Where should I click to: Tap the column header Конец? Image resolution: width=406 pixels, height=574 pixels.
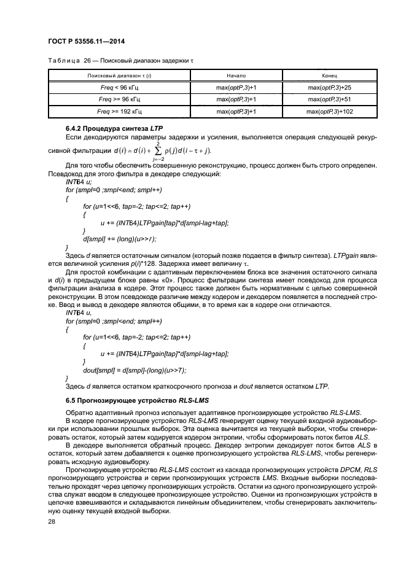329,75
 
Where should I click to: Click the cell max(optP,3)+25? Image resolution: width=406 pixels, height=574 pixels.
329,88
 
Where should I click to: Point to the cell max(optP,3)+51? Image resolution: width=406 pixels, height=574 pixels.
329,99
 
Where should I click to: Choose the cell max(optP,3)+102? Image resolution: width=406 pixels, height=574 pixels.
329,112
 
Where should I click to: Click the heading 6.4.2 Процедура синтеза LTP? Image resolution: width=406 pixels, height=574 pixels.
108,127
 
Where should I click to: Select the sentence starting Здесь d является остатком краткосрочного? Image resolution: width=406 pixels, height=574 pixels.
197,386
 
